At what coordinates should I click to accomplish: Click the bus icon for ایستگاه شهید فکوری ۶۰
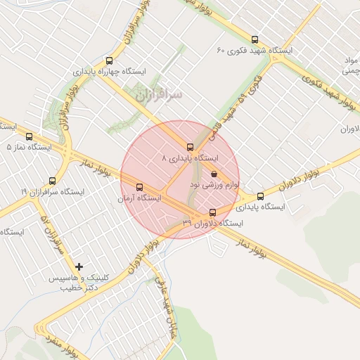pyautogui.click(x=255, y=39)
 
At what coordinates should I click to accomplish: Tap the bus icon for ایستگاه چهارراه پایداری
pyautogui.click(x=108, y=60)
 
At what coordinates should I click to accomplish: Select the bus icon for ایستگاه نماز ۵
pyautogui.click(x=29, y=136)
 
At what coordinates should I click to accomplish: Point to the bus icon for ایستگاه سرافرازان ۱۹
pyautogui.click(x=53, y=181)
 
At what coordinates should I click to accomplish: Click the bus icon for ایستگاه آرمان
pyautogui.click(x=139, y=188)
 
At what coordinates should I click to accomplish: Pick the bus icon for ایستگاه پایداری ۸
pyautogui.click(x=190, y=147)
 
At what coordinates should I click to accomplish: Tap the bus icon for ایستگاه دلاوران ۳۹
pyautogui.click(x=213, y=212)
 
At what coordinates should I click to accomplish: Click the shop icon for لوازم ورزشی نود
pyautogui.click(x=214, y=174)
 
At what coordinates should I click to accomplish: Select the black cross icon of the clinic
pyautogui.click(x=79, y=266)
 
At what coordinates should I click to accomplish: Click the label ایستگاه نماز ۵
pyautogui.click(x=29, y=148)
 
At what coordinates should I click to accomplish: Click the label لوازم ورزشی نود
pyautogui.click(x=214, y=185)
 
